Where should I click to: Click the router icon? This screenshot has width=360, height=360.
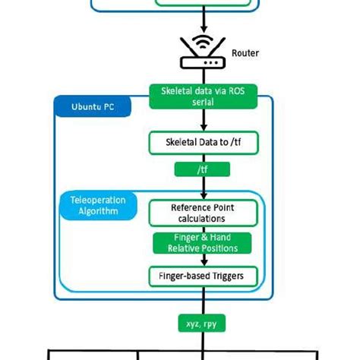click(x=202, y=55)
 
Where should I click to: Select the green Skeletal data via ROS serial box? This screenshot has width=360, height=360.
click(x=203, y=96)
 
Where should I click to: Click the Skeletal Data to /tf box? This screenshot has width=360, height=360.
click(x=203, y=142)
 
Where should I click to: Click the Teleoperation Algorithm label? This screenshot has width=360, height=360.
click(x=98, y=205)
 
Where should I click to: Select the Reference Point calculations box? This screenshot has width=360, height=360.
click(x=203, y=213)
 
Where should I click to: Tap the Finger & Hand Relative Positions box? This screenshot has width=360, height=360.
click(x=203, y=243)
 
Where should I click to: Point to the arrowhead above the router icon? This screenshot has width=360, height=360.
click(x=203, y=28)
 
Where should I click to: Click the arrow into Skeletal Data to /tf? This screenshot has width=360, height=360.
click(x=203, y=126)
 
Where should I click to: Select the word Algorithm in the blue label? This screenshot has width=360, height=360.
click(x=98, y=211)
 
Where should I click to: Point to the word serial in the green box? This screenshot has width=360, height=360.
click(x=203, y=101)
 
